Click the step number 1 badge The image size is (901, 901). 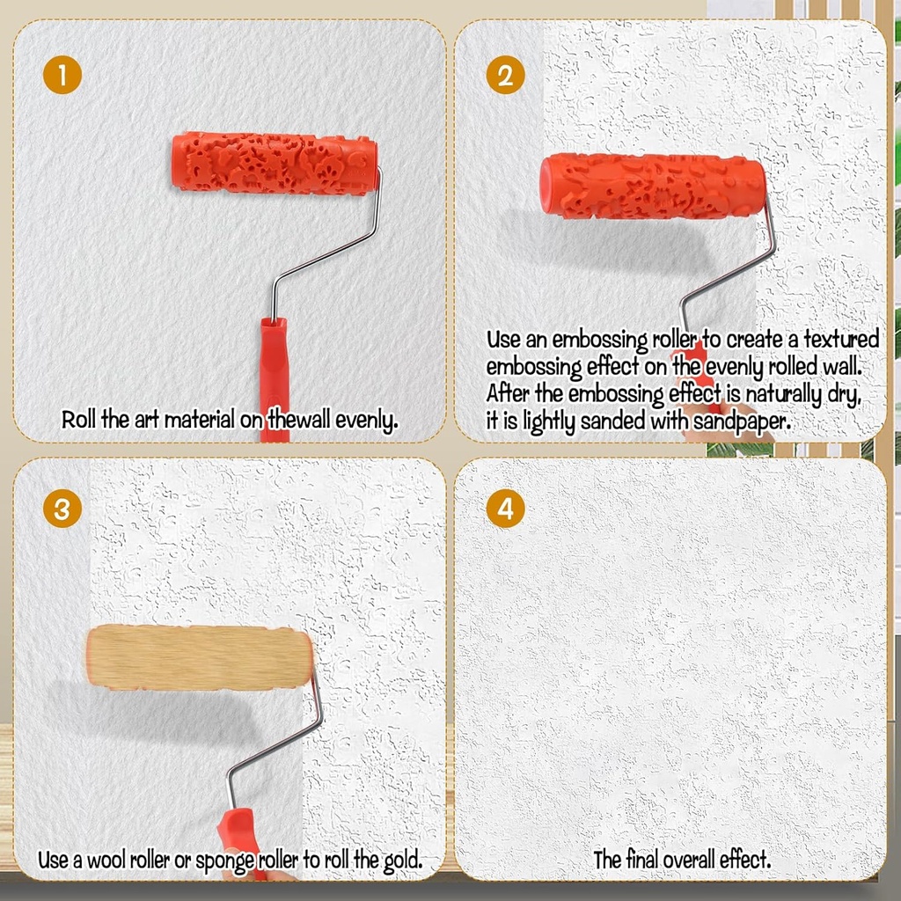(x=62, y=75)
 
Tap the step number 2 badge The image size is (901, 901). (x=504, y=75)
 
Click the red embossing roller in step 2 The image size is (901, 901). (x=652, y=188)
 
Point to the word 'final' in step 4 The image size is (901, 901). (x=642, y=860)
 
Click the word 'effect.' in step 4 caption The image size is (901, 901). (x=740, y=860)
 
